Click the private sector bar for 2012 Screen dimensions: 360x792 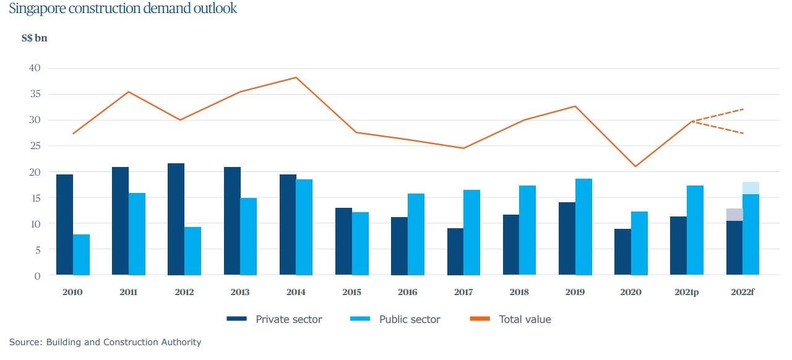coord(176,220)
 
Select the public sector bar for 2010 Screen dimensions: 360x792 coord(81,255)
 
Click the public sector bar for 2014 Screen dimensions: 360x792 coord(304,227)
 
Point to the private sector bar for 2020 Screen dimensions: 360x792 coord(622,252)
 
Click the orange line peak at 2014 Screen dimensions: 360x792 coord(296,77)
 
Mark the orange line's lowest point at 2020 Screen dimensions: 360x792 coord(635,166)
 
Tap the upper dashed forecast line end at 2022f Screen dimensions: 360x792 coord(742,109)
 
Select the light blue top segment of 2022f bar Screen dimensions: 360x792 coord(751,188)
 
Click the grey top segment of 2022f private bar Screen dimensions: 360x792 coord(734,215)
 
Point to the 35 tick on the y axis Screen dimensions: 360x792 coord(35,94)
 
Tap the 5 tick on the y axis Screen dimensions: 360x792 coord(37,249)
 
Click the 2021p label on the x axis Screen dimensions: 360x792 coord(686,292)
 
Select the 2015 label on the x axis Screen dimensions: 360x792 coord(351,292)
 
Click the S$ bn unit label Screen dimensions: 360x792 coord(34,38)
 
